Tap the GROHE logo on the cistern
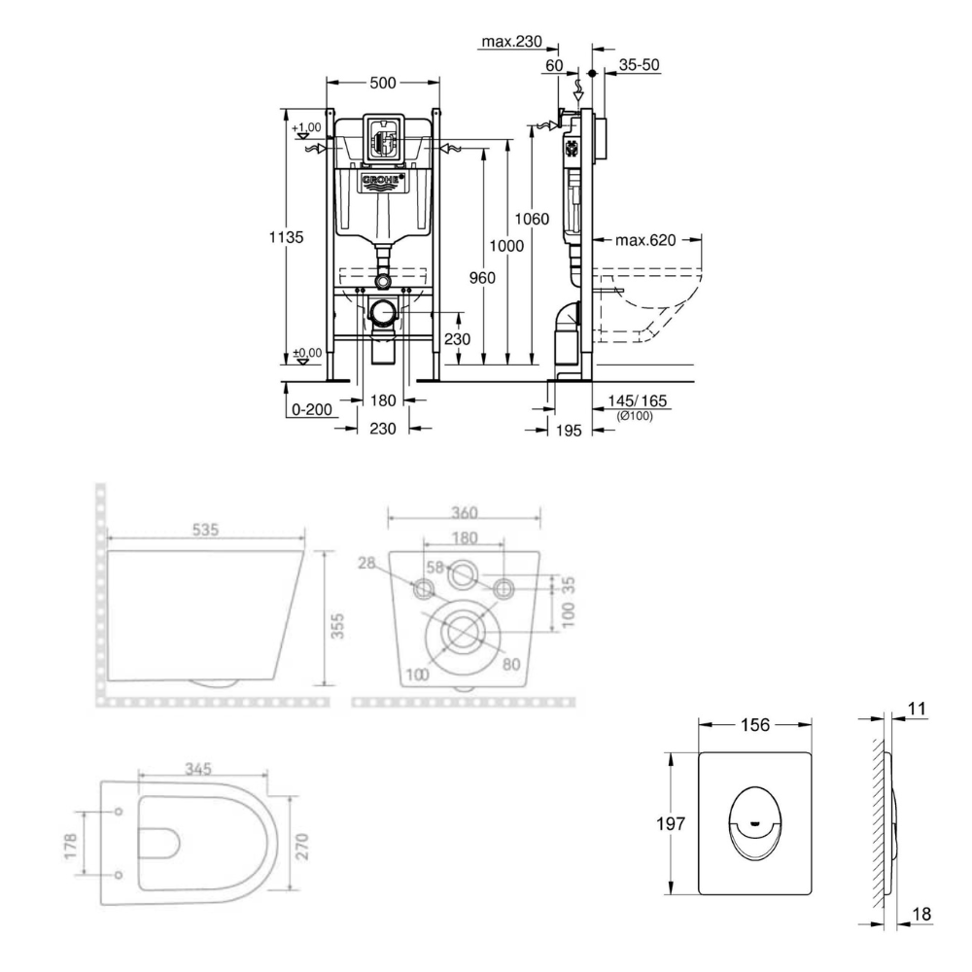click(x=383, y=183)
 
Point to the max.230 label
click(x=511, y=42)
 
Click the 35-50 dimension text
click(x=640, y=65)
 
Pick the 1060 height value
click(x=533, y=218)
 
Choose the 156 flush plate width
click(x=755, y=724)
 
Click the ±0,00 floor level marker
click(x=307, y=354)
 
